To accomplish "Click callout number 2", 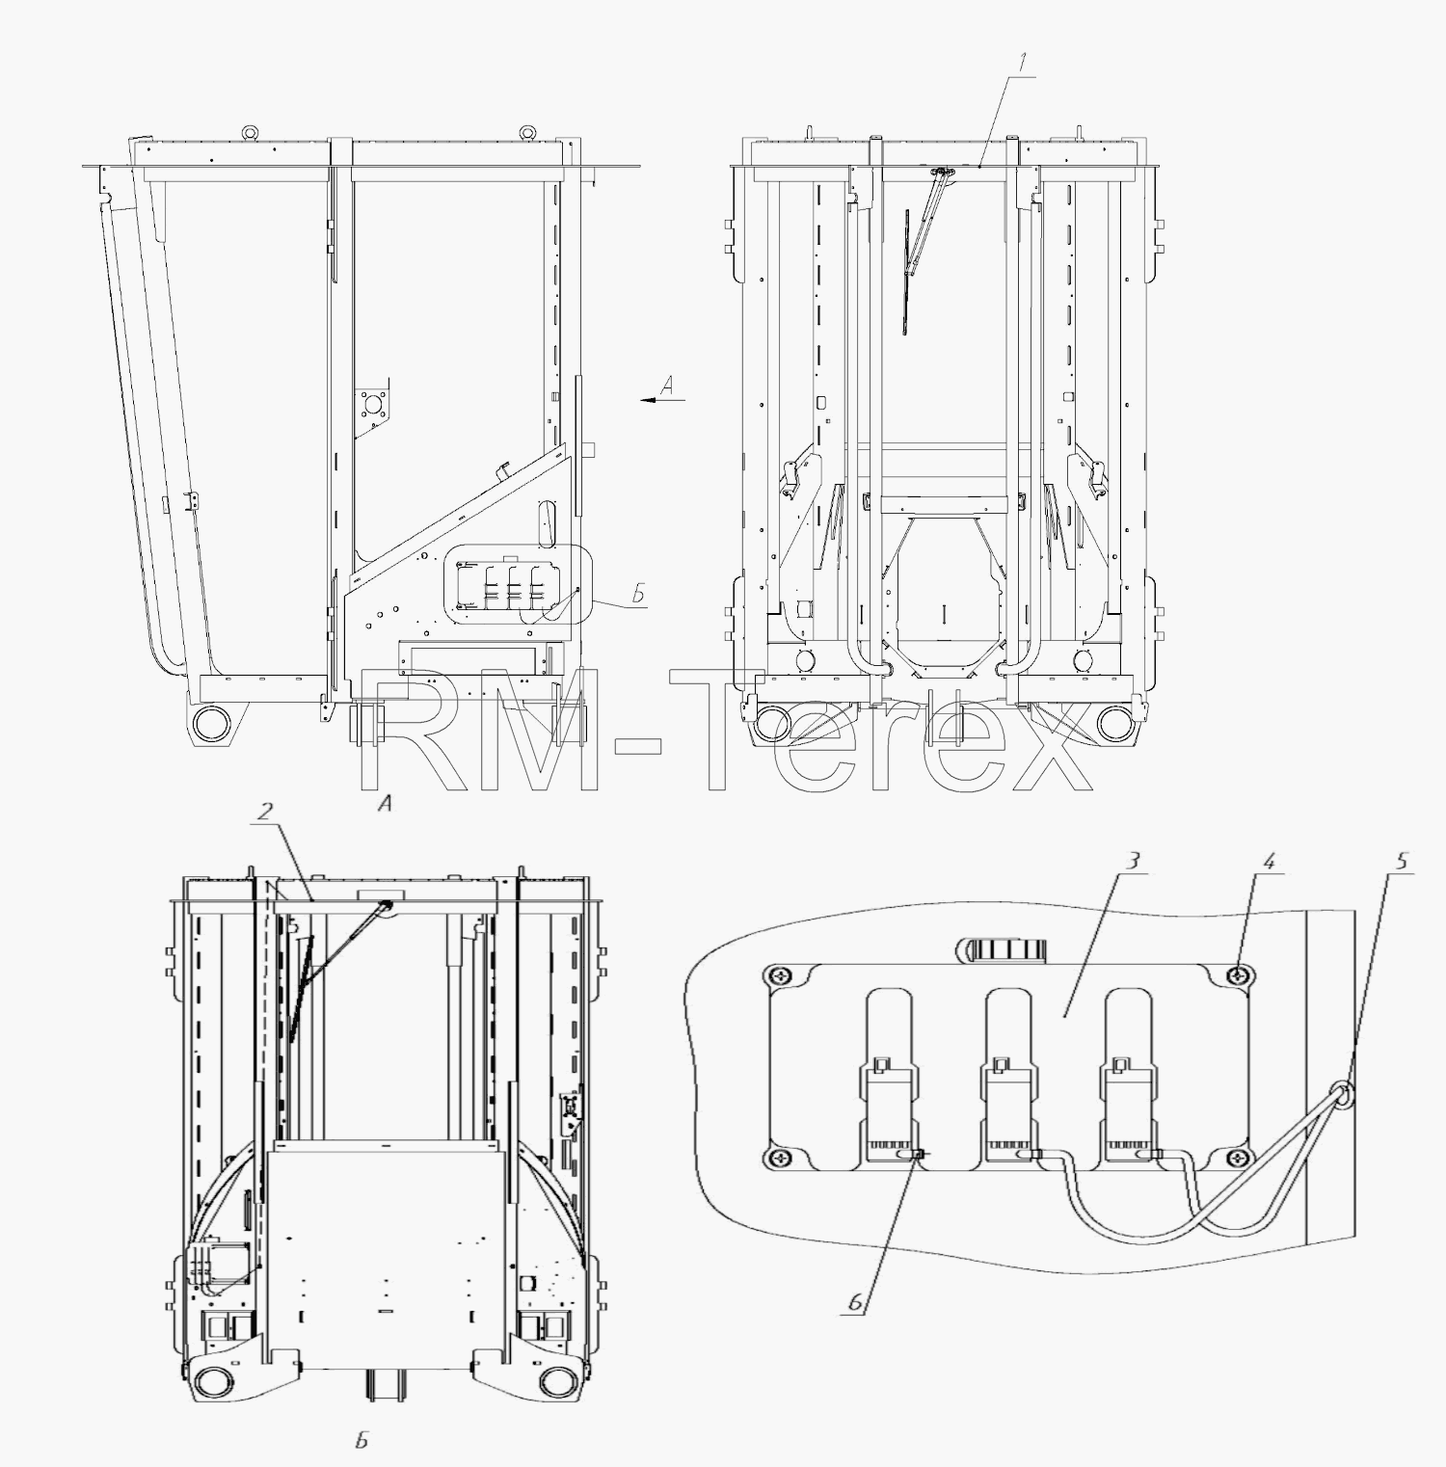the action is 262,814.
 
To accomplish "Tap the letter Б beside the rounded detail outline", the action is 637,594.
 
